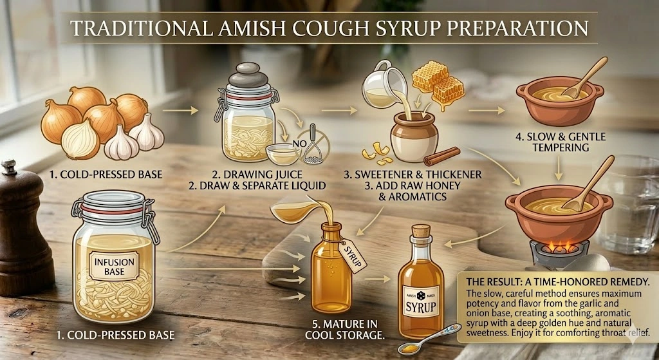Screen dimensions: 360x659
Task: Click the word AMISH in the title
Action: click(255, 29)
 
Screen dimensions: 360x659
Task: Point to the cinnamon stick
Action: click(442, 156)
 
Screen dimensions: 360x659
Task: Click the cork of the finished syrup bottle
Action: click(420, 231)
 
